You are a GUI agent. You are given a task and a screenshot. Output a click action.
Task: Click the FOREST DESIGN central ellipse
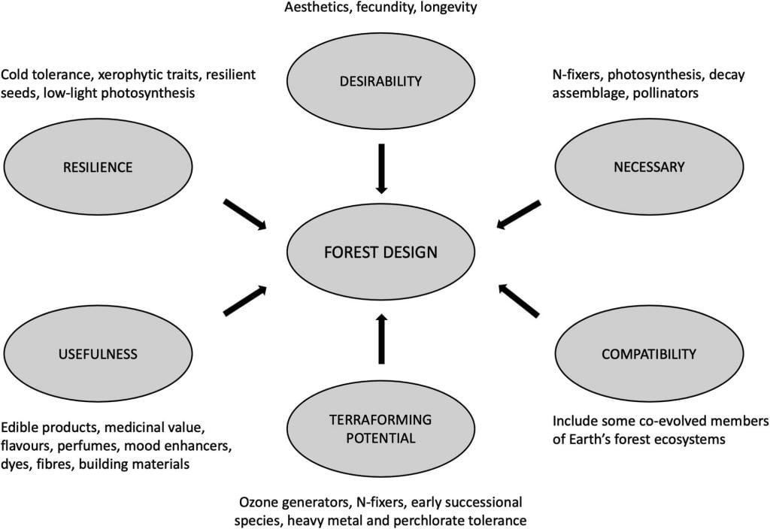coord(380,252)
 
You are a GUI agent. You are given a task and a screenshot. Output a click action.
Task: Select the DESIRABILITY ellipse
coord(380,81)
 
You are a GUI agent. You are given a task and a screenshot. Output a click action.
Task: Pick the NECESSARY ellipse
coord(649,167)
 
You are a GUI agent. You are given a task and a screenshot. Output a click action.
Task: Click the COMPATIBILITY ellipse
coord(648,354)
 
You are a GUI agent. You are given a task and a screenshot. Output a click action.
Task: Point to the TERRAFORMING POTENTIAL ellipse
coord(380,428)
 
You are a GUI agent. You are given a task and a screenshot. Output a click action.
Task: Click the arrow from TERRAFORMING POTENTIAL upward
coord(380,339)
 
